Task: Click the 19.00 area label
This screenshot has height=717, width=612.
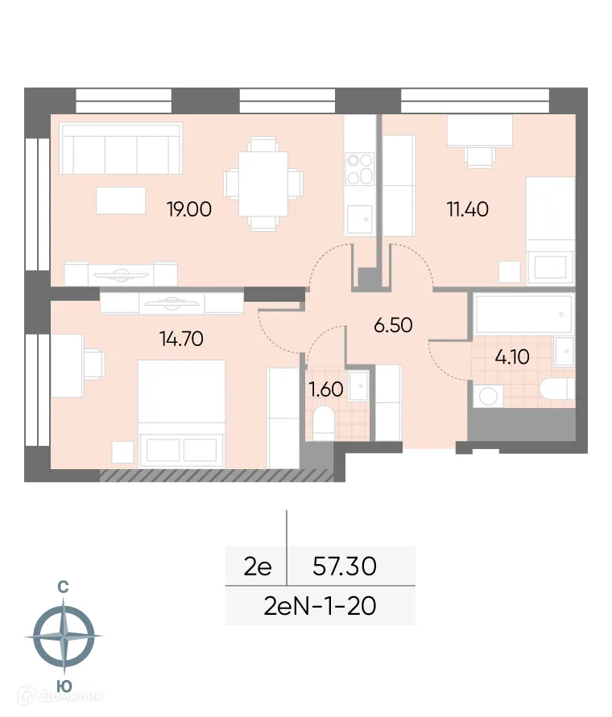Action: click(188, 210)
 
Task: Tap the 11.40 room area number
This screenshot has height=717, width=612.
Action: click(468, 210)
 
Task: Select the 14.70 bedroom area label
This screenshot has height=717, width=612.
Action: click(181, 338)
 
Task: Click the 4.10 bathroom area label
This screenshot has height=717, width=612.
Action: click(511, 357)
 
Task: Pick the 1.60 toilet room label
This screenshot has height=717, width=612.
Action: click(325, 389)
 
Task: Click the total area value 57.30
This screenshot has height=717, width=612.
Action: click(344, 567)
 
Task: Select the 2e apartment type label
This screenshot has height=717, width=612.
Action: click(258, 567)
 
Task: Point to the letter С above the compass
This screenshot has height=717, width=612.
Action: click(62, 588)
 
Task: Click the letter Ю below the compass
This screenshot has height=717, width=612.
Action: click(62, 686)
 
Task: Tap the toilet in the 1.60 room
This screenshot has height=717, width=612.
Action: click(324, 423)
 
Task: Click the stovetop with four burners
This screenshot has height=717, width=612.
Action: click(359, 171)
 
